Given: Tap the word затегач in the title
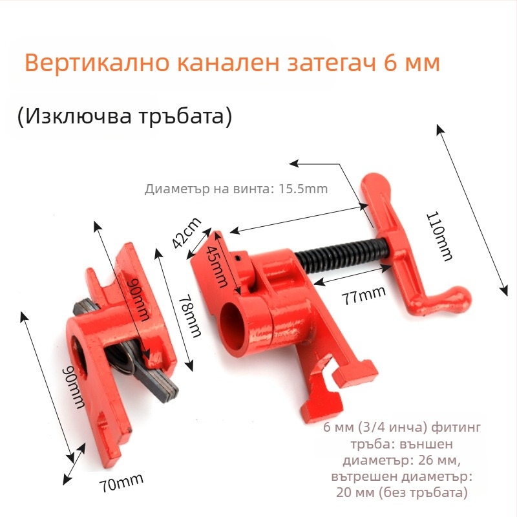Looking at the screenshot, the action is [332, 63].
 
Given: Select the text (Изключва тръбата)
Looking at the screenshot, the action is [125, 116].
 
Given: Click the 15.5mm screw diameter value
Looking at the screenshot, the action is [303, 189].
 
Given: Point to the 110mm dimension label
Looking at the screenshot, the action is [439, 236].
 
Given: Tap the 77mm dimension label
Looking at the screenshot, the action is [363, 295].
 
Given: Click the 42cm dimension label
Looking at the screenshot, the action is [187, 233].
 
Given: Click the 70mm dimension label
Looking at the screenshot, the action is [121, 483].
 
